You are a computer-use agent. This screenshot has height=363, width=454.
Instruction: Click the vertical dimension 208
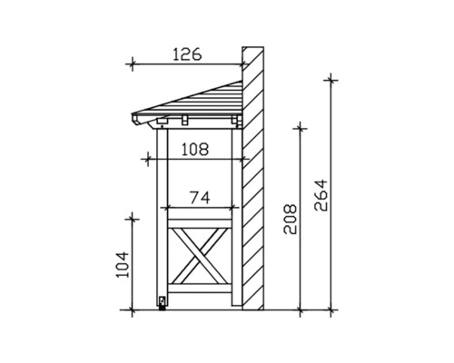point(290,219)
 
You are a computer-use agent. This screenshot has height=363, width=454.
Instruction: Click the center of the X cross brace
point(201,257)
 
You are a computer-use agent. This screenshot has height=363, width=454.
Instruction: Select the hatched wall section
point(255,181)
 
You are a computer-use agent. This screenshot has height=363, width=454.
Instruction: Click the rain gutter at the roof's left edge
point(137,120)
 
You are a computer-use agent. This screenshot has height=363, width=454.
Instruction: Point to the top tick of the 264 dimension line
point(331,79)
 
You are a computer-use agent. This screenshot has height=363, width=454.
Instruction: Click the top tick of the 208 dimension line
point(299,128)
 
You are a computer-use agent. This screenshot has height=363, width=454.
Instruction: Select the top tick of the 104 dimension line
point(133,217)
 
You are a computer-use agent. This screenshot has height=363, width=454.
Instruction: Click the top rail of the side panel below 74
point(201,209)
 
